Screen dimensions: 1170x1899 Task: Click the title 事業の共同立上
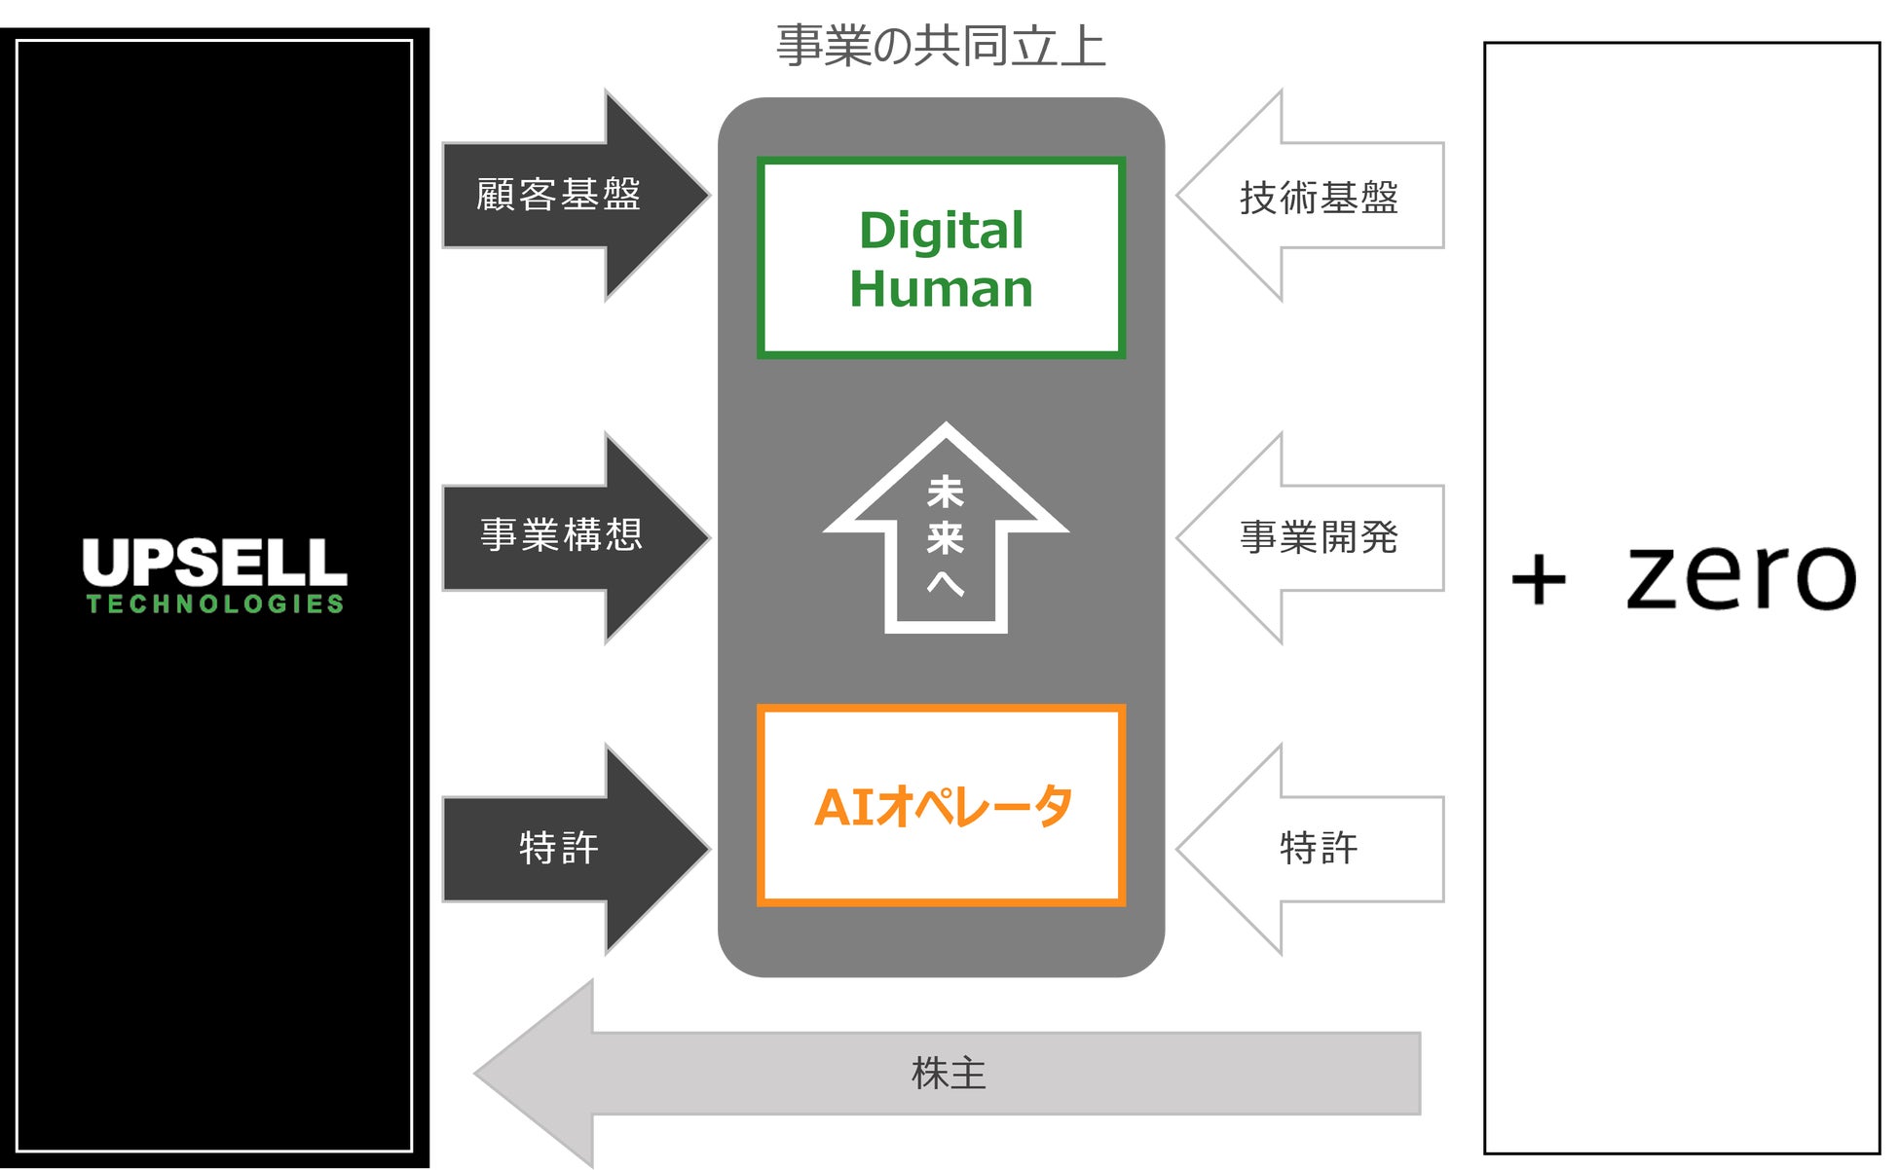[x=941, y=47]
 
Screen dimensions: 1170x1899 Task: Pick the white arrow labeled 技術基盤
[x=1315, y=197]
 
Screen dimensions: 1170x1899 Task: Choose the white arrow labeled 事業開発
[x=1315, y=537]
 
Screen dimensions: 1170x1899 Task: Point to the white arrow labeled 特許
[x=1315, y=848]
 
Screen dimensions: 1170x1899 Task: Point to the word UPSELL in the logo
[x=214, y=562]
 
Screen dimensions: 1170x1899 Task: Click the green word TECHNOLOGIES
[x=214, y=604]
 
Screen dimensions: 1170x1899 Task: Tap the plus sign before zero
[x=1539, y=580]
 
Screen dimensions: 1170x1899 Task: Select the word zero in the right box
[x=1741, y=576]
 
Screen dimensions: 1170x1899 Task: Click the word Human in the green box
[x=941, y=289]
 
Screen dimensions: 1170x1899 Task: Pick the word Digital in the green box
[x=941, y=232]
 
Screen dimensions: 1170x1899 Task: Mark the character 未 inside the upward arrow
[x=946, y=492]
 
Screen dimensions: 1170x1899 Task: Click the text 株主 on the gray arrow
[x=949, y=1074]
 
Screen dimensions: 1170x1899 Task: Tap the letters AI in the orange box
[x=843, y=807]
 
